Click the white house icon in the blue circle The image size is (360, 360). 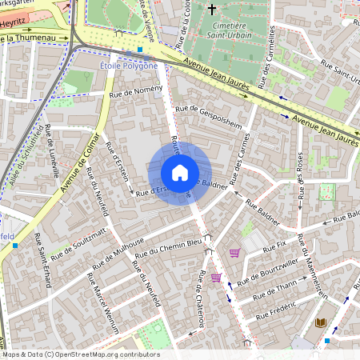pos(180,173)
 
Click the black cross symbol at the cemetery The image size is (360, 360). pos(211,10)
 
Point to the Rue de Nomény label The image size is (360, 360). pos(137,91)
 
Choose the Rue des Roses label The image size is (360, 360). pos(301,177)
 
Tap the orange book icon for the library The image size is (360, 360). pos(320,322)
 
